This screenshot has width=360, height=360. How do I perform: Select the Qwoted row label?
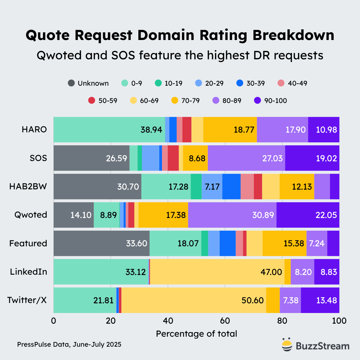pos(31,215)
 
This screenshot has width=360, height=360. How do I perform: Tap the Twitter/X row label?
pos(27,300)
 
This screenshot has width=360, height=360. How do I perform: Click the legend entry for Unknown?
pos(88,83)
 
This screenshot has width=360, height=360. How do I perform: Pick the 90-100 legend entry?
pos(270,100)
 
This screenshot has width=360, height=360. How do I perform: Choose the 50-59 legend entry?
pos(103,100)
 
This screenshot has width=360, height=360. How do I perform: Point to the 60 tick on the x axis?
pos(225,321)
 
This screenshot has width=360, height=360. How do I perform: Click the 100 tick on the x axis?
pos(339,321)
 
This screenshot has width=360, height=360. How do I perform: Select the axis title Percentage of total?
pos(196,334)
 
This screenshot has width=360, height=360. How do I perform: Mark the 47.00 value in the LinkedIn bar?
pos(271,272)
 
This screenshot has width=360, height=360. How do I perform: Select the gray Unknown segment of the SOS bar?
pos(91,158)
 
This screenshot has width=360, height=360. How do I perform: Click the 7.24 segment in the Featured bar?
pos(317,243)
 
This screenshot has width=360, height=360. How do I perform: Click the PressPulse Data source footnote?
pos(69,344)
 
